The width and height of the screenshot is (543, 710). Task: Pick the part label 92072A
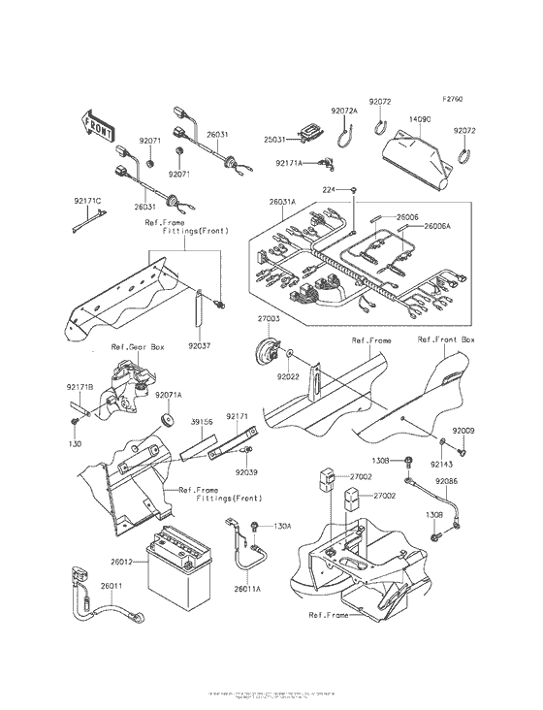click(344, 113)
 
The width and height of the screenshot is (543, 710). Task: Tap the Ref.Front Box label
click(446, 340)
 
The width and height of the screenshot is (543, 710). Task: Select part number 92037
click(199, 344)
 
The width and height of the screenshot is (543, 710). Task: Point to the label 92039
click(245, 471)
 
